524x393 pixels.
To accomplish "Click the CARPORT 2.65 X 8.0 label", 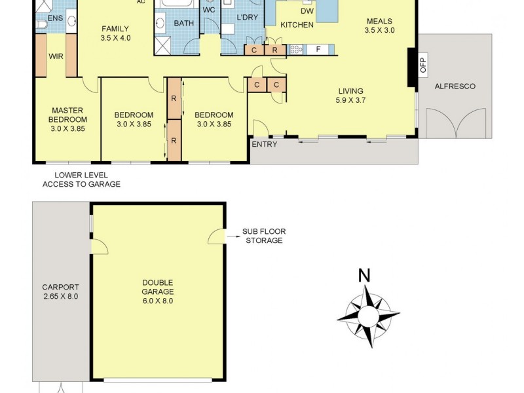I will tap(60, 292).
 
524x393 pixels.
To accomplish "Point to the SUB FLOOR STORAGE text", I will tap(264, 236).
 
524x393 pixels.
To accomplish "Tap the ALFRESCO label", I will tap(455, 86).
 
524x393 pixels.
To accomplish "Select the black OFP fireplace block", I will tap(411, 67).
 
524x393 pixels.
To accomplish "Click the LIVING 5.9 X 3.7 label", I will tap(350, 96).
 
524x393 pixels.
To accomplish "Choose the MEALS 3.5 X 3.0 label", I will tap(379, 26).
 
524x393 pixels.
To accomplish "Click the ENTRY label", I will tap(265, 144).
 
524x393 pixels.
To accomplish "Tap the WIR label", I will tap(55, 56).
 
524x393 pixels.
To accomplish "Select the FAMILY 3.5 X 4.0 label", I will tap(115, 33).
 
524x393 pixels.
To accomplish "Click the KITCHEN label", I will tap(297, 25).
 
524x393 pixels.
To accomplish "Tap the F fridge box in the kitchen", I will tap(318, 49).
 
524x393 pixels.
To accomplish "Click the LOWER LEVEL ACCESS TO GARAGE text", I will tap(82, 179).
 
